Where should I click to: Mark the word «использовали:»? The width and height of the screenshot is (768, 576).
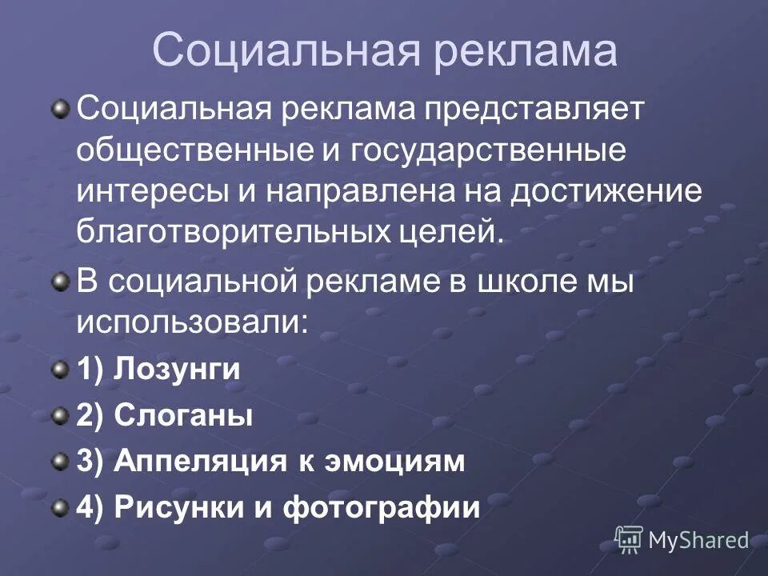click(x=193, y=322)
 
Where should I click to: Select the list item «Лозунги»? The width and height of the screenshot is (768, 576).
click(x=177, y=370)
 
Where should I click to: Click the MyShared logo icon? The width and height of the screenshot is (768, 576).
click(x=629, y=539)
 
